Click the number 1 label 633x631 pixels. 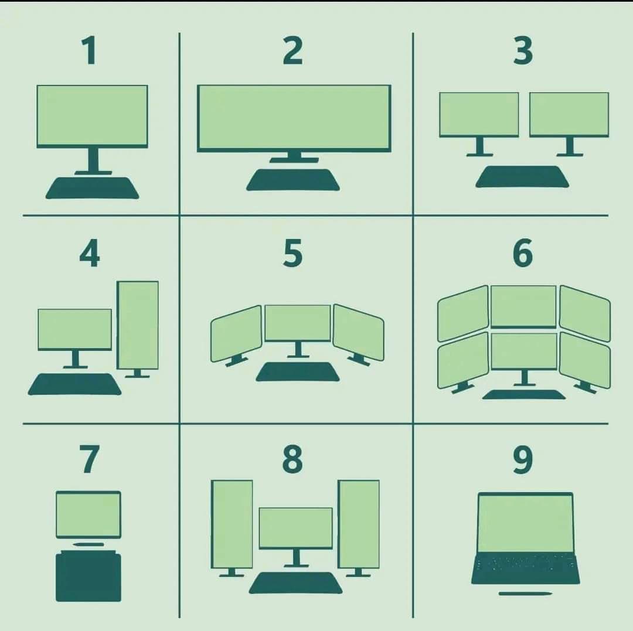pyautogui.click(x=89, y=51)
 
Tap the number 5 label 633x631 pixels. pyautogui.click(x=292, y=253)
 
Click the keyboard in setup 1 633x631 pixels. pyautogui.click(x=93, y=187)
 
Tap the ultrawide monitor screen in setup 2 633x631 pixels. pyautogui.click(x=294, y=117)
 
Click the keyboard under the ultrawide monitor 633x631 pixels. pyautogui.click(x=292, y=180)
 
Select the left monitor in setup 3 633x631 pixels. pyautogui.click(x=479, y=114)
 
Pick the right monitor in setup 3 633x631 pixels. pyautogui.click(x=569, y=114)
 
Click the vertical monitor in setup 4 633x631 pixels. pyautogui.click(x=138, y=325)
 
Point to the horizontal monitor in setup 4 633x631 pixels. pyautogui.click(x=75, y=329)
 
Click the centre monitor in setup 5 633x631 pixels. pyautogui.click(x=298, y=323)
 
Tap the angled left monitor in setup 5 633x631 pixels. pyautogui.click(x=236, y=333)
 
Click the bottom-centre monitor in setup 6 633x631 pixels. pyautogui.click(x=523, y=350)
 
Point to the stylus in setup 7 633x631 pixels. pyautogui.click(x=89, y=545)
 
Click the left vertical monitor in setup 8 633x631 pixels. pyautogui.click(x=232, y=524)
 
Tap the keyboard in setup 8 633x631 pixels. pyautogui.click(x=296, y=582)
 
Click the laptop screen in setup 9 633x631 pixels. pyautogui.click(x=525, y=523)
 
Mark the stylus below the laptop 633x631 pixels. pyautogui.click(x=525, y=594)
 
